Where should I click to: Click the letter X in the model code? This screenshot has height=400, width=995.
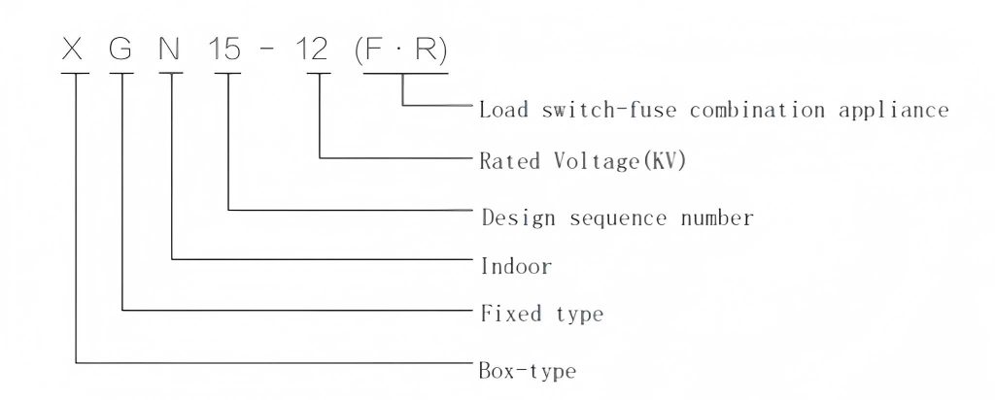tap(72, 50)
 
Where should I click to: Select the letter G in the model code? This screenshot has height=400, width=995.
tap(120, 50)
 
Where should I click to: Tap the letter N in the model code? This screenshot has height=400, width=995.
tap(169, 50)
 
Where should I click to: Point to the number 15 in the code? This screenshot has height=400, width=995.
tap(225, 50)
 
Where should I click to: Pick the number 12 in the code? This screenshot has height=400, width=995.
tap(312, 50)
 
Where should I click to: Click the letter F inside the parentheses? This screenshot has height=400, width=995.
tap(376, 50)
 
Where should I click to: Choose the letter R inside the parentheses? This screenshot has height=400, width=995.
tap(427, 50)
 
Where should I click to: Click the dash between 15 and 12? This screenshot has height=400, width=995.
tap(268, 50)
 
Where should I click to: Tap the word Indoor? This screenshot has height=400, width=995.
tap(516, 266)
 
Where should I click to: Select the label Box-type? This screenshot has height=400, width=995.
tap(528, 370)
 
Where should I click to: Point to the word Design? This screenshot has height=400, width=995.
tap(518, 218)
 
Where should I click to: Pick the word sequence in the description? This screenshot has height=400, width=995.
tap(618, 219)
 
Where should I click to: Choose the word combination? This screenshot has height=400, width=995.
tap(758, 110)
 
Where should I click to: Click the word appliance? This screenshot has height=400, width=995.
tap(894, 111)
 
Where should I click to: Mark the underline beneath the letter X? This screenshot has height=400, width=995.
tap(75, 73)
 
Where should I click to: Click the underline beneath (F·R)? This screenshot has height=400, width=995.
tap(405, 73)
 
